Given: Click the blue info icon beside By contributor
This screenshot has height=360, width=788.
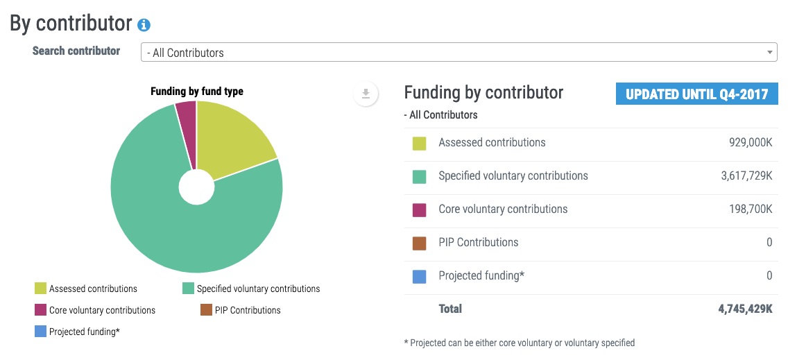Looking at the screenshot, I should [x=144, y=25].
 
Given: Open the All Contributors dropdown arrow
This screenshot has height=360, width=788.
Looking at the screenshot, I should [x=770, y=52].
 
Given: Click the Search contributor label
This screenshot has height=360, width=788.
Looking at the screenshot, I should [x=76, y=51].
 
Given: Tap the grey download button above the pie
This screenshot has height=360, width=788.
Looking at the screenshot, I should [x=366, y=94].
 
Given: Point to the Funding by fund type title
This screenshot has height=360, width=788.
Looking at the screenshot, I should [x=197, y=91].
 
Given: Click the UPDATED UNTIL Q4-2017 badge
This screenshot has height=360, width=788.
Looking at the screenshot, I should [x=696, y=94].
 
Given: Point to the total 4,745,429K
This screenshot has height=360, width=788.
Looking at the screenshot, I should [x=745, y=309].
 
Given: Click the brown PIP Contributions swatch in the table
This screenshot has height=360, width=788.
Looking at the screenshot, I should [x=419, y=243].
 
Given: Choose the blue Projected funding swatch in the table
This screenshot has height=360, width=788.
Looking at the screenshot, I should [x=419, y=276].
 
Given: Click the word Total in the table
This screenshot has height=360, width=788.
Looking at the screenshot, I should [x=450, y=309].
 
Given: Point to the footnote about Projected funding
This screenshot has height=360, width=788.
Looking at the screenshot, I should [x=519, y=343].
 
